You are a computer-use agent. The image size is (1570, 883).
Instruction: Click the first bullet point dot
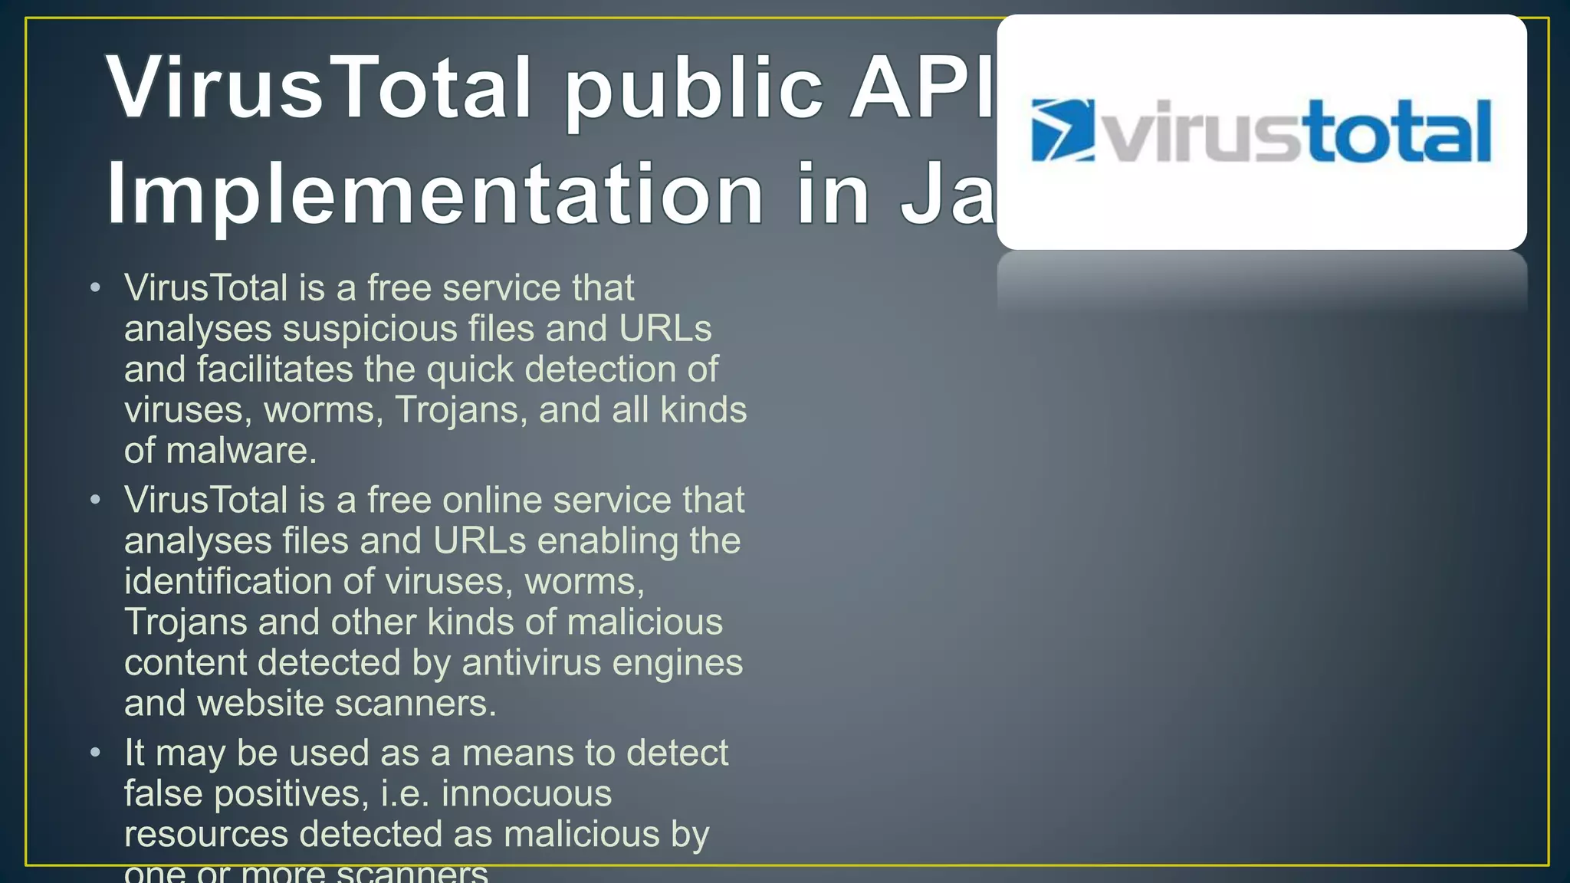(95, 288)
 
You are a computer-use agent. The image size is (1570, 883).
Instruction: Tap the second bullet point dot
(95, 501)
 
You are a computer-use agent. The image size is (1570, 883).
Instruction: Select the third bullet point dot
(95, 753)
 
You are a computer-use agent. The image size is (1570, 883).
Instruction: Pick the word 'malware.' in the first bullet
(241, 451)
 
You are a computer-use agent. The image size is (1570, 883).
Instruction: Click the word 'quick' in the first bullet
(469, 370)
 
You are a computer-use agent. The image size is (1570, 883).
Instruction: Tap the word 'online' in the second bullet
(491, 501)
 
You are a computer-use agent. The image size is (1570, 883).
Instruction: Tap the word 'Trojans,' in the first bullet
(461, 411)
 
